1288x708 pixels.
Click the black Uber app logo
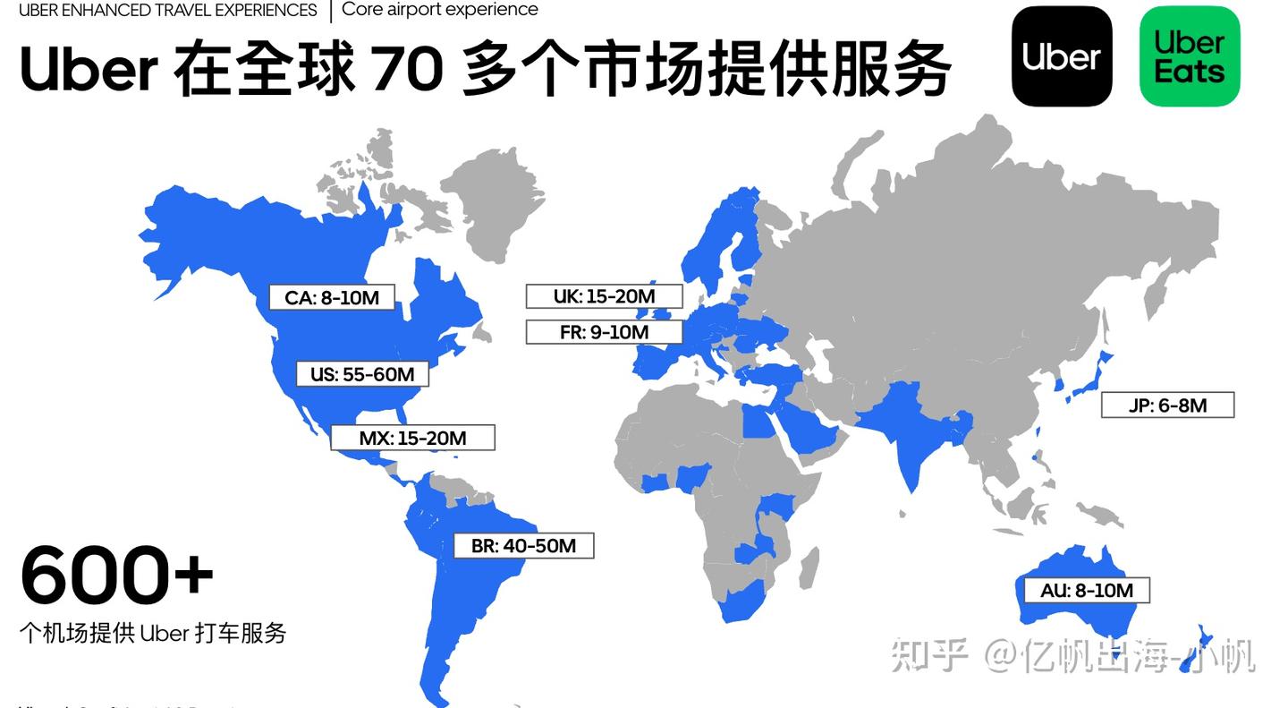(1062, 56)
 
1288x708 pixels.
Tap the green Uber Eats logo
(1190, 56)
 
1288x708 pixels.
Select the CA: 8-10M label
(332, 298)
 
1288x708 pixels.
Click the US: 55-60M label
(362, 374)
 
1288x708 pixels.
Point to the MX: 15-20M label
(412, 438)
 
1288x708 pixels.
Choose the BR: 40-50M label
(523, 545)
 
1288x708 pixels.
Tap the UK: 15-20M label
(604, 296)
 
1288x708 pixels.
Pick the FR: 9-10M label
(604, 332)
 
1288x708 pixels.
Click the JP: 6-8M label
(1167, 405)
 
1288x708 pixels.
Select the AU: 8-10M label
(1086, 590)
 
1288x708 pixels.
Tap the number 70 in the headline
(406, 70)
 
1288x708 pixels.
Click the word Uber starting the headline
(88, 70)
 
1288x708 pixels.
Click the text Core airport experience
(440, 10)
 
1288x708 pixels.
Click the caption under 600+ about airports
(153, 633)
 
